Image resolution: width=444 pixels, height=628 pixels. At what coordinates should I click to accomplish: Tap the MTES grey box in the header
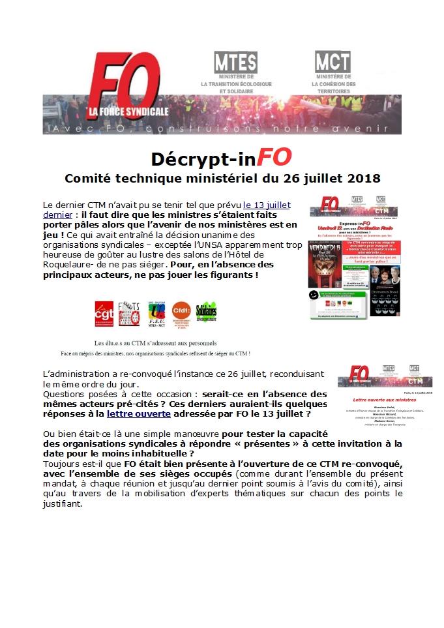tap(235, 62)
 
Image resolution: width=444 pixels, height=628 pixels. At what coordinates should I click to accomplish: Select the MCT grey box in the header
tap(333, 62)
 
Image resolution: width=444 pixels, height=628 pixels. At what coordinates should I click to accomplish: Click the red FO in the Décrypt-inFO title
tap(274, 158)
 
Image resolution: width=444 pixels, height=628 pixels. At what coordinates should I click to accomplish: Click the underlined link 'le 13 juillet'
tap(266, 205)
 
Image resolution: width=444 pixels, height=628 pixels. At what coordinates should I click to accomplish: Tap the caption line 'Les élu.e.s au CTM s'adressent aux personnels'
tap(156, 342)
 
